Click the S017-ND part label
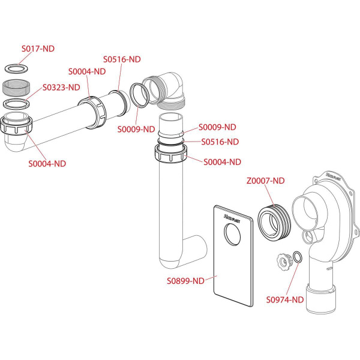38,49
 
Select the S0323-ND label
61,88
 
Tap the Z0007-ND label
265,181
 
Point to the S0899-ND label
185,281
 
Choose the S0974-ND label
285,299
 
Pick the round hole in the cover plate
232,234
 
